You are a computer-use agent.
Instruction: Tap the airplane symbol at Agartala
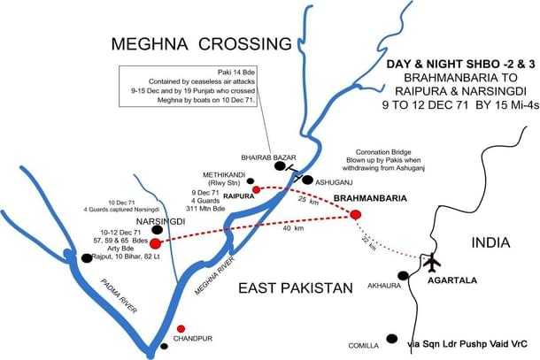[433, 263]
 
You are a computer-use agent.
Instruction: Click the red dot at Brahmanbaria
[356, 214]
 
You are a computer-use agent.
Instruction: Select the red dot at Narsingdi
[156, 243]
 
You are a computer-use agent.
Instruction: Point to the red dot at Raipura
[256, 189]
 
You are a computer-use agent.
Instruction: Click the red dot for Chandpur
[181, 328]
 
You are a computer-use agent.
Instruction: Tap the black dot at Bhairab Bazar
[280, 165]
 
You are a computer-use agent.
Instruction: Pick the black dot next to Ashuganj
[306, 180]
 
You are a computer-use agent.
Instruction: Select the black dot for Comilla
[391, 337]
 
